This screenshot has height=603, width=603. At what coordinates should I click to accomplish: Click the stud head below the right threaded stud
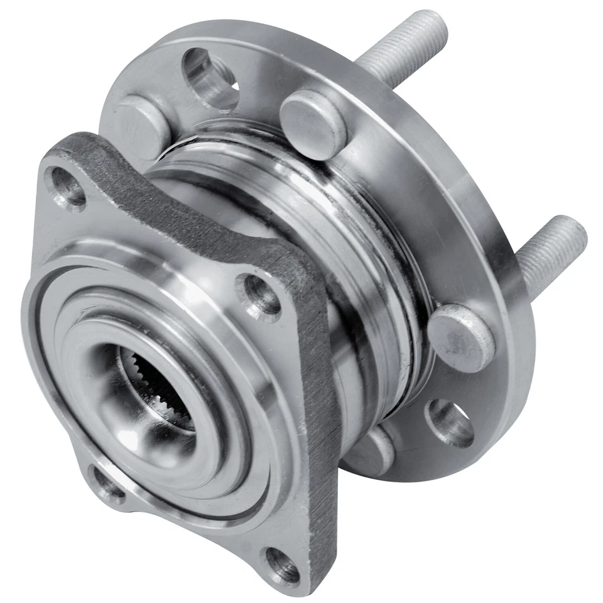[x=460, y=337]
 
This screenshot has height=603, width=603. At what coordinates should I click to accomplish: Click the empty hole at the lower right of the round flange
[x=450, y=423]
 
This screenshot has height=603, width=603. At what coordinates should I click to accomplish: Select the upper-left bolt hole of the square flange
[x=68, y=186]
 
